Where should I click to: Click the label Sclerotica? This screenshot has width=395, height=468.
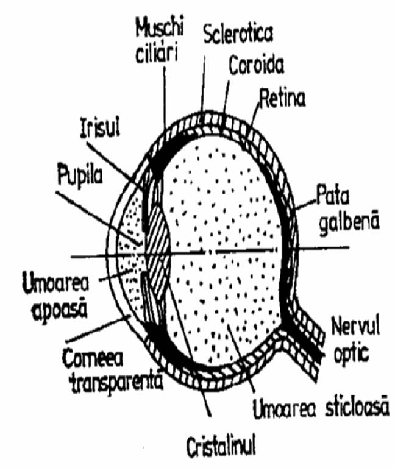[x=238, y=34]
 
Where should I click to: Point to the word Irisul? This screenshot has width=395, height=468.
[x=100, y=129]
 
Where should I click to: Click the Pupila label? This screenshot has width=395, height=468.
[x=80, y=175]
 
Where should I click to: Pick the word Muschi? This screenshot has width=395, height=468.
[x=160, y=28]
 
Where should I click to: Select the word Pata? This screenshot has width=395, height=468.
[x=333, y=195]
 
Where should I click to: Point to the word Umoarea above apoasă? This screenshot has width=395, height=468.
[x=56, y=283]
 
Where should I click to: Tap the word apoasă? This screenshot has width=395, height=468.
[x=60, y=311]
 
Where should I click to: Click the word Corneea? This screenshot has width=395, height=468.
[x=93, y=358]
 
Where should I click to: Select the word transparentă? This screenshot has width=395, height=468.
[x=117, y=383]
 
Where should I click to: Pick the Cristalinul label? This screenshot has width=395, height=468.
[x=221, y=447]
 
